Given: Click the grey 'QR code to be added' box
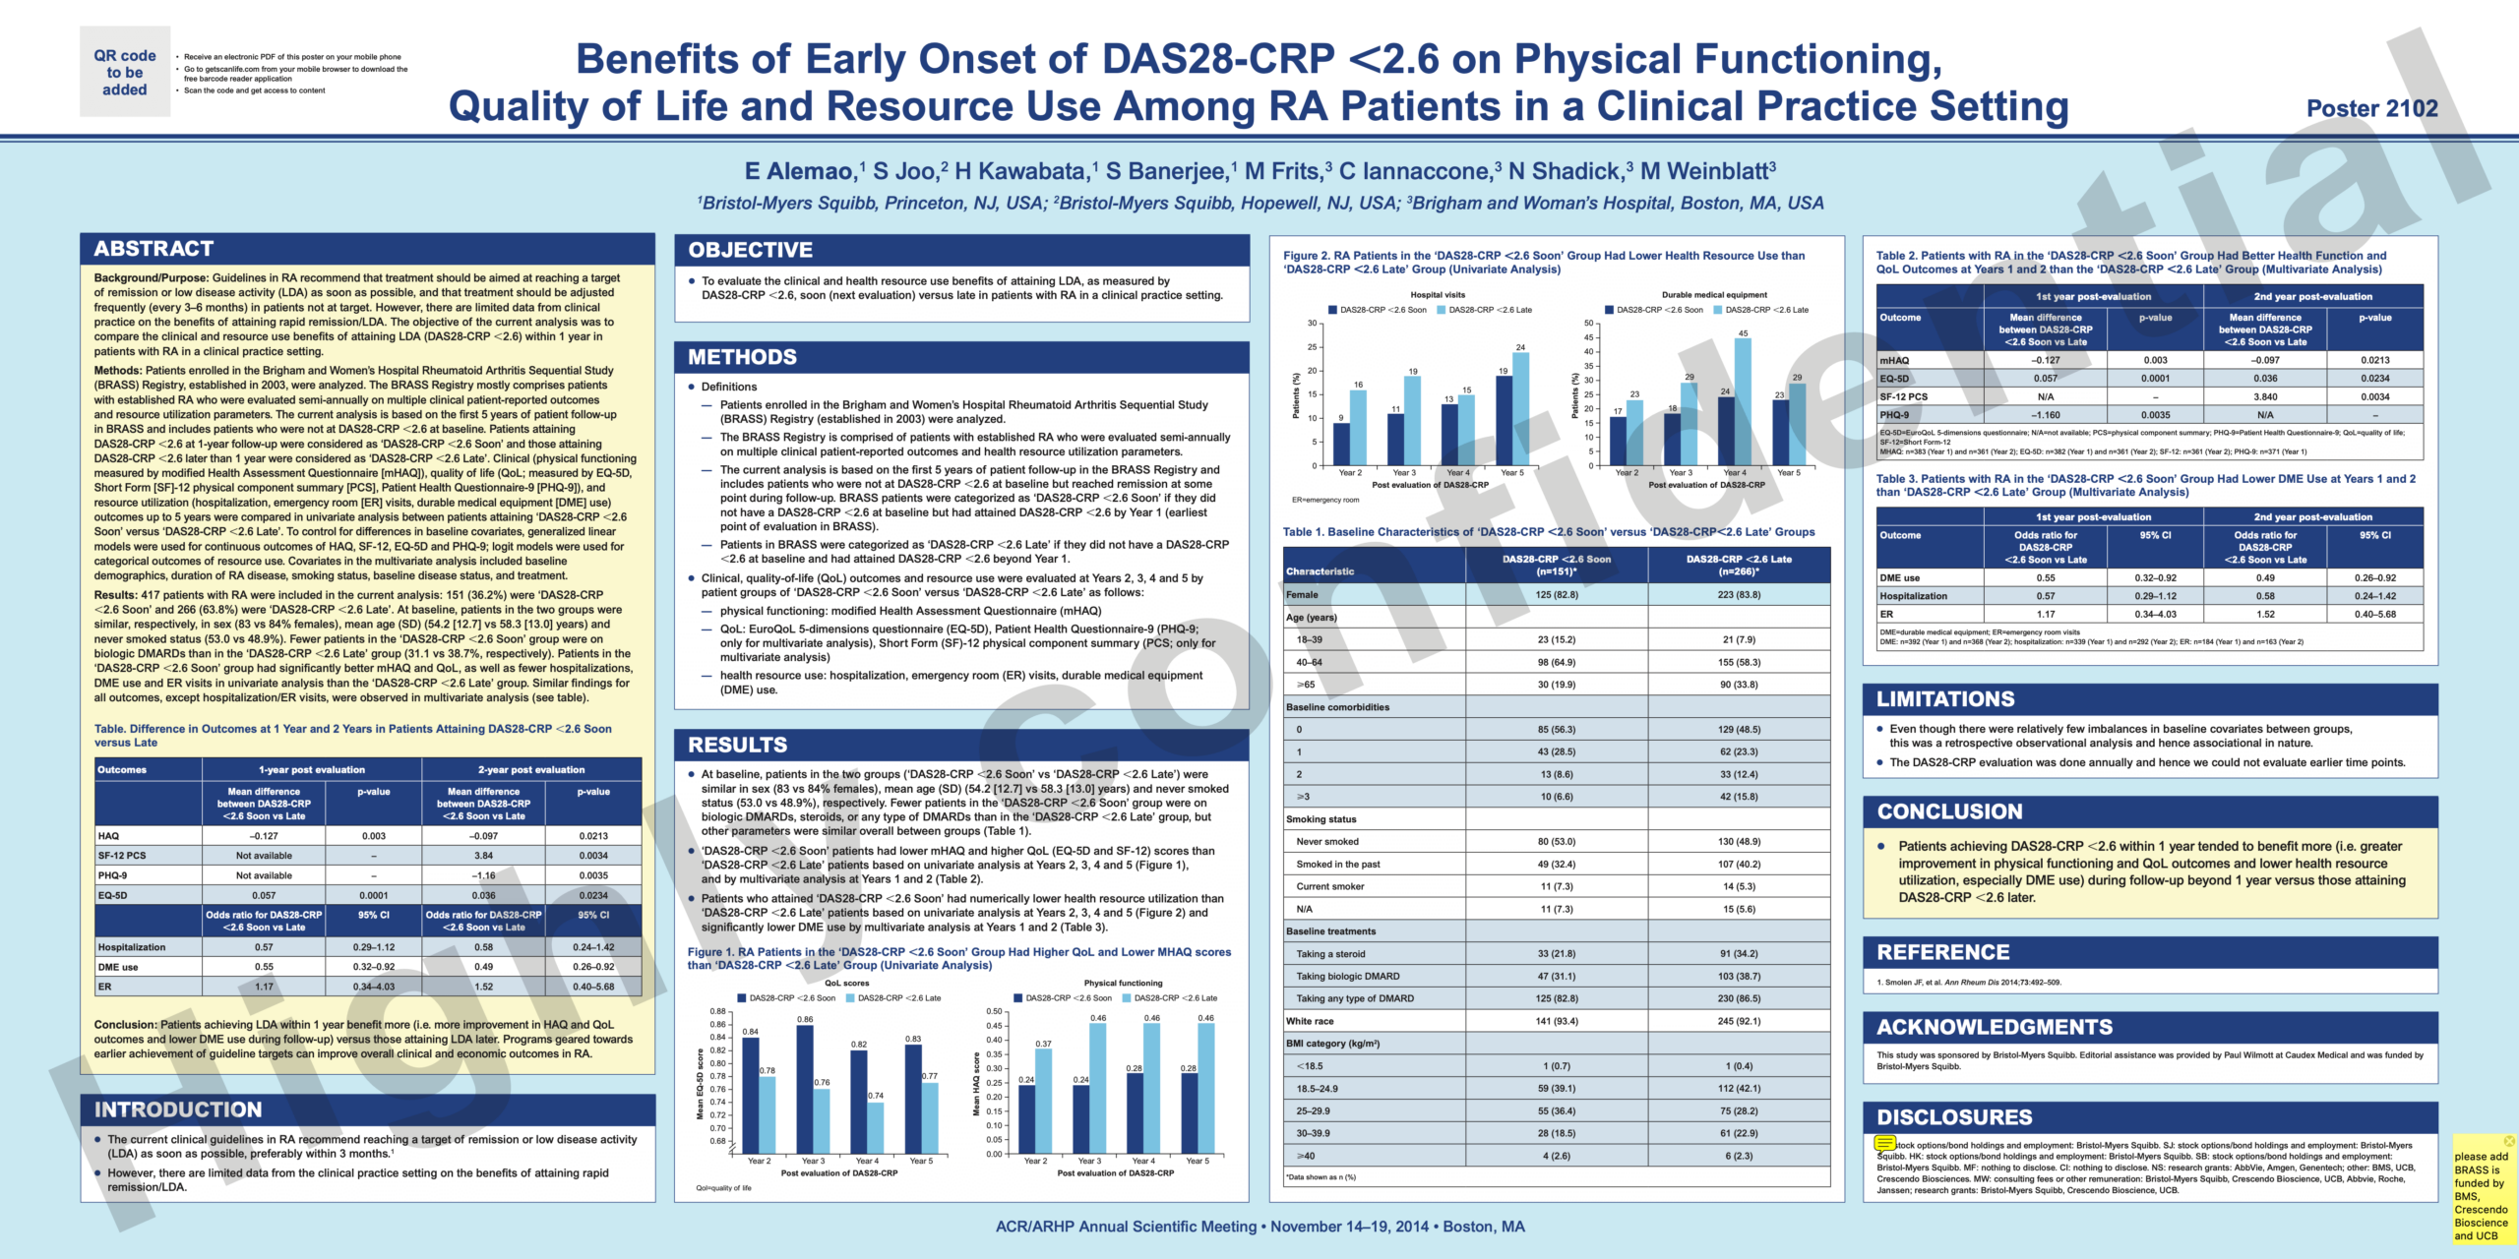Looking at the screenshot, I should coord(125,72).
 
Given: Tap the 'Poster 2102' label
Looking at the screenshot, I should coord(2371,108).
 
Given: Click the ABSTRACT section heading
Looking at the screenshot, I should coord(154,249).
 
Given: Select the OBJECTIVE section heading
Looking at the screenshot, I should coord(750,250).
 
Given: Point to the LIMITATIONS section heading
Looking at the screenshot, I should coord(1944,699).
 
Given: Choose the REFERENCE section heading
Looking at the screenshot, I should coord(1942,952).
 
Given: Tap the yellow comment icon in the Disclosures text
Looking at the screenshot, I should coord(1884,1143).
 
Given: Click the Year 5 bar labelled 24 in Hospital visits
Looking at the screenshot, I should coord(1520,408).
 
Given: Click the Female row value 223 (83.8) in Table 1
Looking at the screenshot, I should coord(1739,595).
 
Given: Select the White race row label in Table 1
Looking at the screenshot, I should coord(1310,1021).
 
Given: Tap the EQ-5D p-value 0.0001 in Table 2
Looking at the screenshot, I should coord(2155,379).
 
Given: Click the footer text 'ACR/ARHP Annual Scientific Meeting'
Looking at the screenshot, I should coord(1126,1227).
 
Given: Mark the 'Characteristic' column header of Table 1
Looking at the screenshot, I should coord(1320,571).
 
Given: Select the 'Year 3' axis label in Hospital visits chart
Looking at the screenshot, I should coord(1404,473).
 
